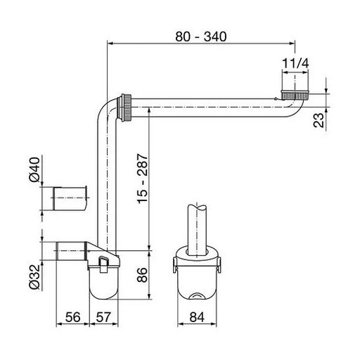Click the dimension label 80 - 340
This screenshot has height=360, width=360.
201,37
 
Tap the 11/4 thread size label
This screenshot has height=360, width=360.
295,63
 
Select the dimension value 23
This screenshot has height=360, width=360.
319,120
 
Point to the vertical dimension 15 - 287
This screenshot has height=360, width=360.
143,179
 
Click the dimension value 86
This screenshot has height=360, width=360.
143,275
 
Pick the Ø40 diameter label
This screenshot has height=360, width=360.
34,169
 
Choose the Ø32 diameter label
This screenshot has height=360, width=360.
34,277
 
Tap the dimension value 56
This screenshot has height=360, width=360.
72,317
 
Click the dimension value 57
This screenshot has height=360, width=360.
103,317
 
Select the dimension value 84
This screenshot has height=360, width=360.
197,317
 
